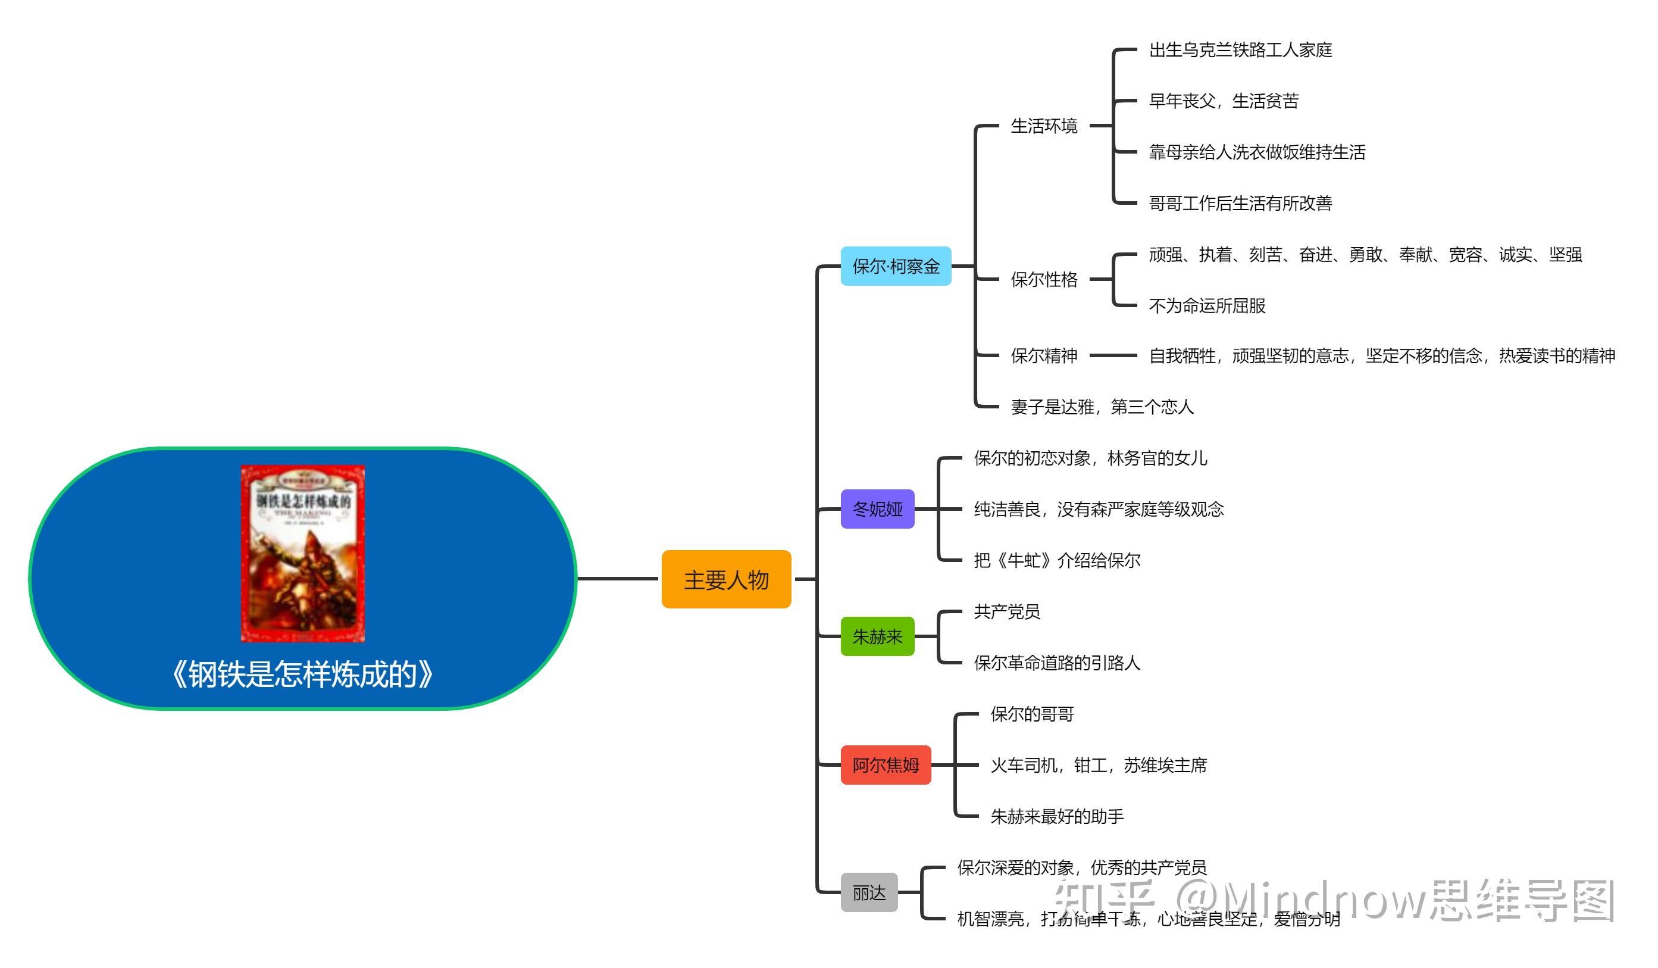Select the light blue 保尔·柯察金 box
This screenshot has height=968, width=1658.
tap(896, 266)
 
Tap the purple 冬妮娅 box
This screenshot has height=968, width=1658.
tap(877, 508)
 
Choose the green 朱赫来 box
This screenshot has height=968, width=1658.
tap(877, 636)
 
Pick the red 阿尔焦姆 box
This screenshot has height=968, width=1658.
tap(886, 764)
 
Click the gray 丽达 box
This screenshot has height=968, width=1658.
tap(868, 892)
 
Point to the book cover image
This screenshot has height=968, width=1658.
tap(303, 554)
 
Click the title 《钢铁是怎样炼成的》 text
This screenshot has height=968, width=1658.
tap(303, 675)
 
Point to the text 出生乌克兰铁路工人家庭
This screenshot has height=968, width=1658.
tap(1240, 50)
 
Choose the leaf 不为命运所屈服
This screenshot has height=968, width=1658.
tap(1207, 305)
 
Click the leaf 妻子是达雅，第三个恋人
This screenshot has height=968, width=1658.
tap(1102, 407)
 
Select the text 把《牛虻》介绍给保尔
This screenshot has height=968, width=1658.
tap(1057, 560)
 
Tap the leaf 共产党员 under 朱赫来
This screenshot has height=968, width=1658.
tap(1007, 611)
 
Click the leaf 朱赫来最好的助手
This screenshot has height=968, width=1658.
tap(1057, 816)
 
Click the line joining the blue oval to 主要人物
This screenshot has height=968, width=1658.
tap(617, 579)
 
